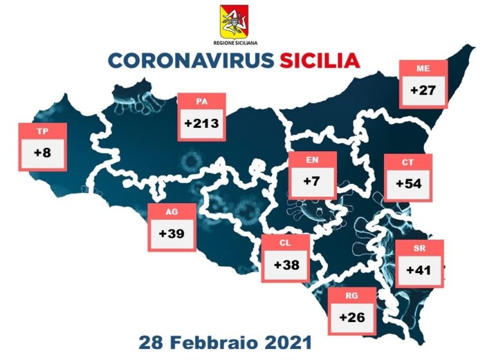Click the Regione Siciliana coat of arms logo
[x=234, y=22]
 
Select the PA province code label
[x=201, y=102]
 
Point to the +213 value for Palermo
[x=201, y=123]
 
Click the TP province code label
[x=42, y=132]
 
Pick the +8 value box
[x=42, y=154]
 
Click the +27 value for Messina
[x=423, y=90]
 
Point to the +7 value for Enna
[x=312, y=182]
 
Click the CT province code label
[x=408, y=163]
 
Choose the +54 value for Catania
[x=408, y=184]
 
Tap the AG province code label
[x=171, y=212]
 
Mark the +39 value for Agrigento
[x=171, y=233]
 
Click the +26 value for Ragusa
[x=352, y=317]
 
